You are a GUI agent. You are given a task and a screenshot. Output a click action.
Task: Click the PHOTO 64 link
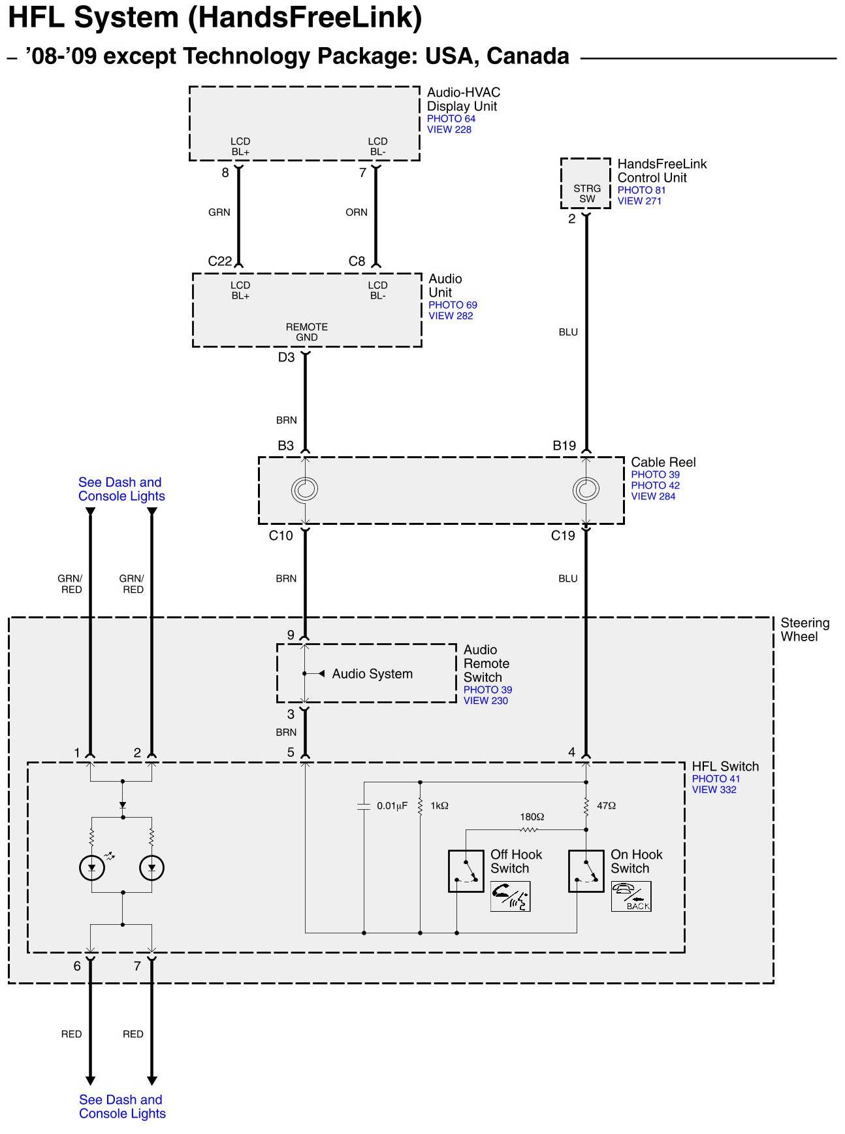[x=451, y=118]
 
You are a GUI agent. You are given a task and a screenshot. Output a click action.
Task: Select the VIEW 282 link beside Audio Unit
[x=451, y=316]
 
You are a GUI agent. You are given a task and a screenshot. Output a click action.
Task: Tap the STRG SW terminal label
[x=587, y=193]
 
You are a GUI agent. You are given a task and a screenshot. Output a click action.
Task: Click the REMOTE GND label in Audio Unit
[x=307, y=332]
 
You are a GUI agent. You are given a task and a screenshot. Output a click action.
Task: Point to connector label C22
[x=220, y=261]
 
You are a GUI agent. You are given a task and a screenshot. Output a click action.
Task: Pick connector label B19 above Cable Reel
[x=564, y=446]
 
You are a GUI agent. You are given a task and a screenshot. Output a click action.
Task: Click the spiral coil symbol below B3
[x=305, y=490]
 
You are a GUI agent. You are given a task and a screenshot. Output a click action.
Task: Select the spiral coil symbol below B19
[x=586, y=490]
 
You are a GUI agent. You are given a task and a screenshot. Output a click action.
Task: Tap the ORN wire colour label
[x=357, y=212]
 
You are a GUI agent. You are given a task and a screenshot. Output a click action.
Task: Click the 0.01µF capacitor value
[x=392, y=806]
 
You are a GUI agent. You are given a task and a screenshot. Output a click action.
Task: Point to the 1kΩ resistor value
[x=439, y=806]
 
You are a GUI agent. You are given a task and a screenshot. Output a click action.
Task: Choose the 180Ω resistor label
[x=532, y=817]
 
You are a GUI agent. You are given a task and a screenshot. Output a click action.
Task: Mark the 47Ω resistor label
[x=607, y=806]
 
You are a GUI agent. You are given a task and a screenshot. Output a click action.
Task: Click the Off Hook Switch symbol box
[x=466, y=871]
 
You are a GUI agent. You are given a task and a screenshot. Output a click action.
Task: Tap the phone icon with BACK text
[x=631, y=897]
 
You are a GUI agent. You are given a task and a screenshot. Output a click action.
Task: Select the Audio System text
[x=372, y=674]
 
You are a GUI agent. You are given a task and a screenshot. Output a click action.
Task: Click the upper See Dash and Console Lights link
[x=121, y=489]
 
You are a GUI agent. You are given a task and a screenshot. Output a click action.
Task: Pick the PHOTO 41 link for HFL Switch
[x=716, y=778]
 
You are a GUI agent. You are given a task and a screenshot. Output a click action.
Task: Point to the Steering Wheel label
[x=805, y=629]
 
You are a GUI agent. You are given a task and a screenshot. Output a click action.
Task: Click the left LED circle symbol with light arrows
[x=92, y=868]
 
